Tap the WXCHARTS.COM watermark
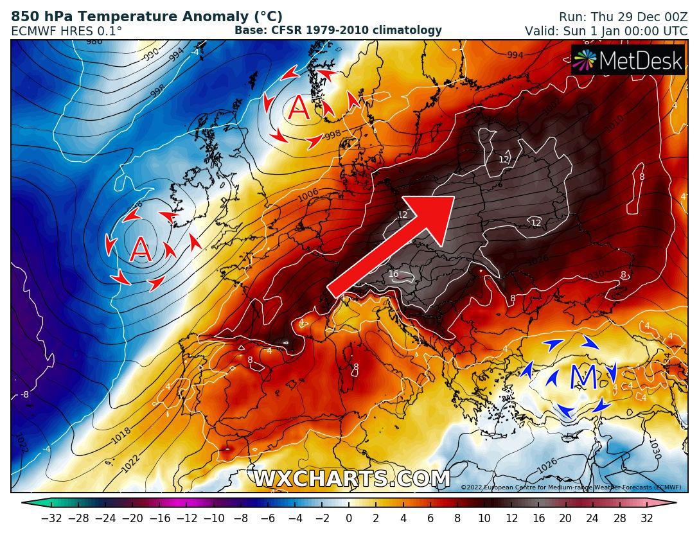[351, 478]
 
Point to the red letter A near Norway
[299, 109]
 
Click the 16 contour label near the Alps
[394, 274]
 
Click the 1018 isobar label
[121, 436]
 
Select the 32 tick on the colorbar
[646, 518]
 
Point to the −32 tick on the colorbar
[51, 518]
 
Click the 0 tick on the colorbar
[349, 518]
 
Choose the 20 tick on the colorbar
[565, 518]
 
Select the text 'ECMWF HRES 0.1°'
[66, 31]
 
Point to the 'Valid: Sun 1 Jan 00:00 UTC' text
[606, 31]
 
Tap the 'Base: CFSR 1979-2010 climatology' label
[338, 30]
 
